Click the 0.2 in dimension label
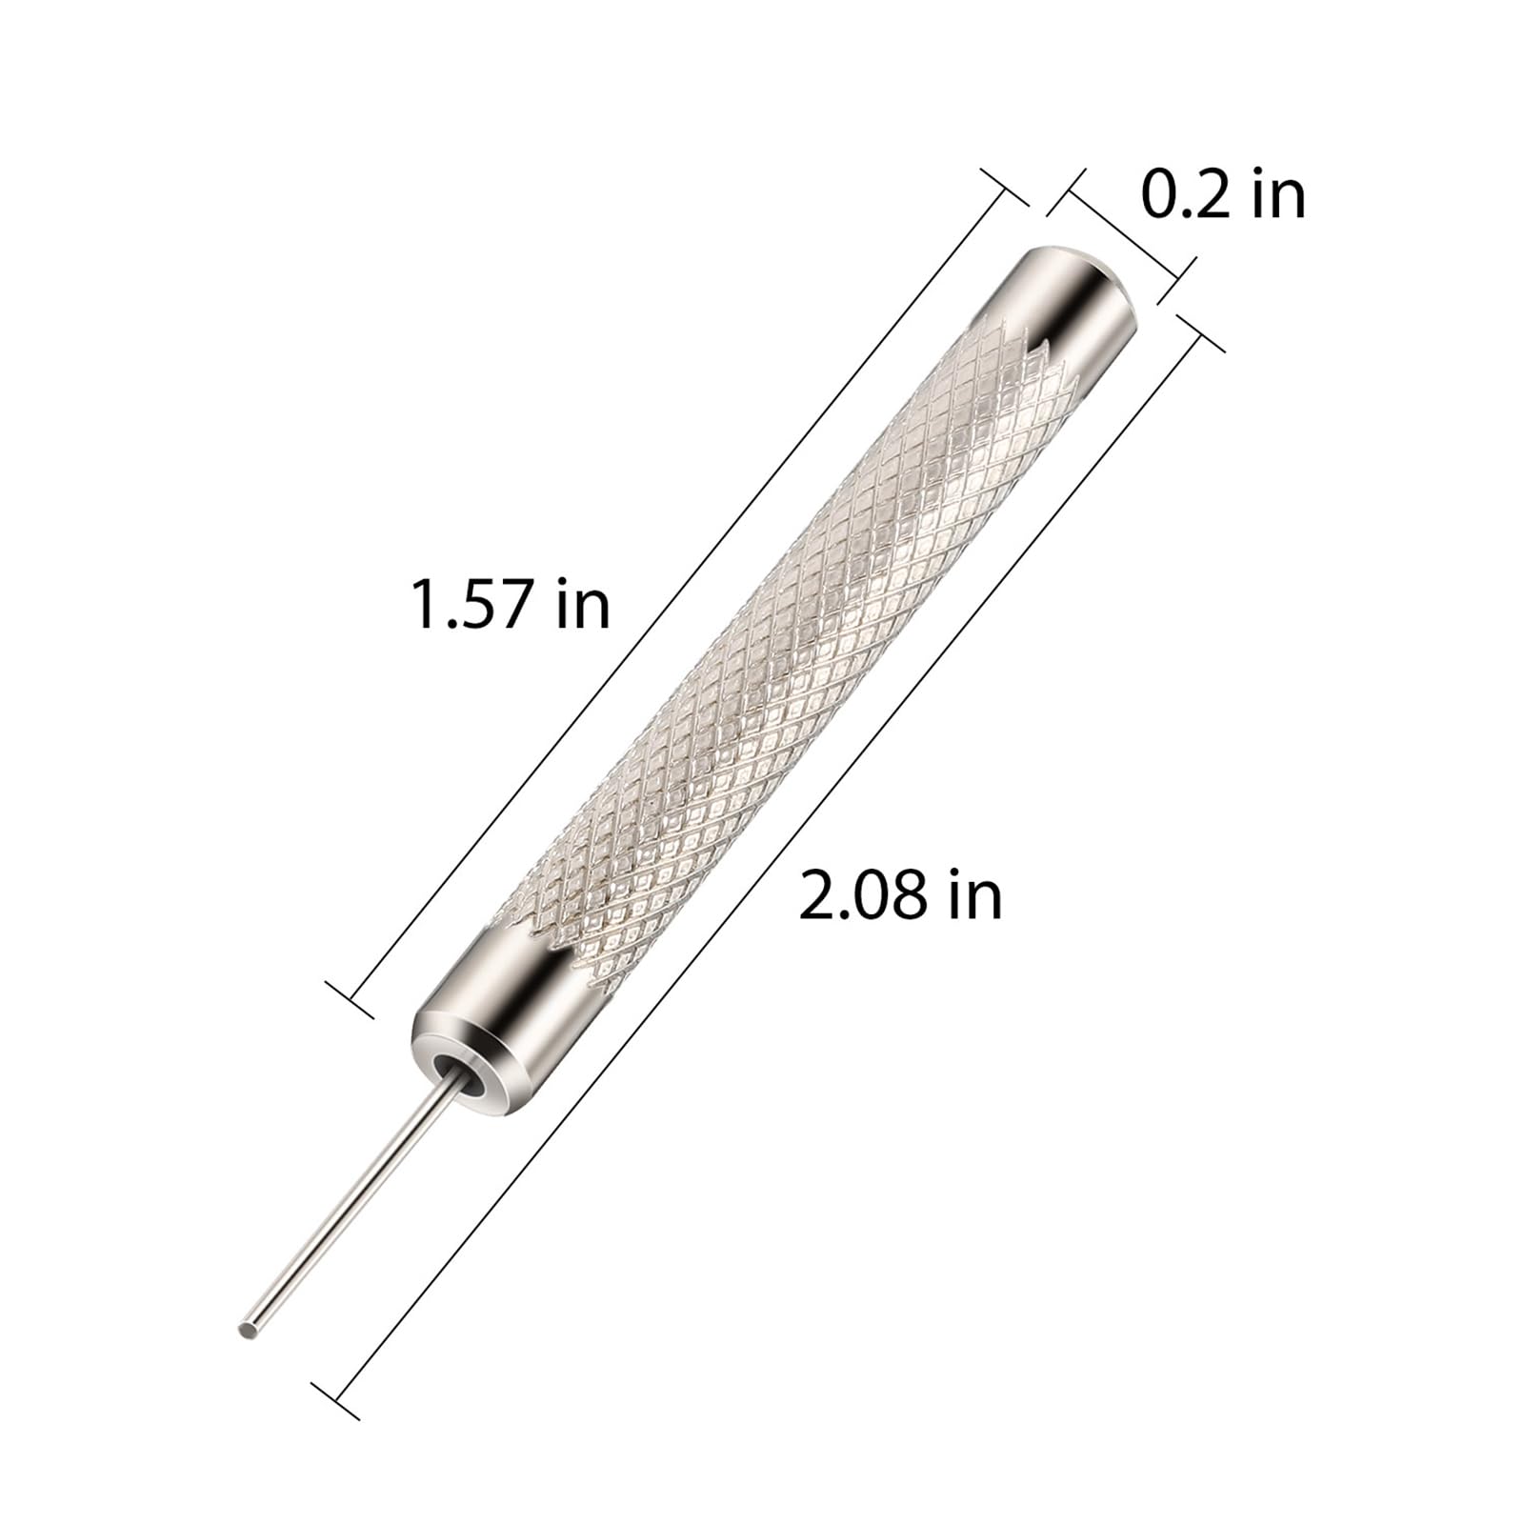coord(1223,195)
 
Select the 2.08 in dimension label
coord(900,896)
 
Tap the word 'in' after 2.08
coord(975,896)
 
